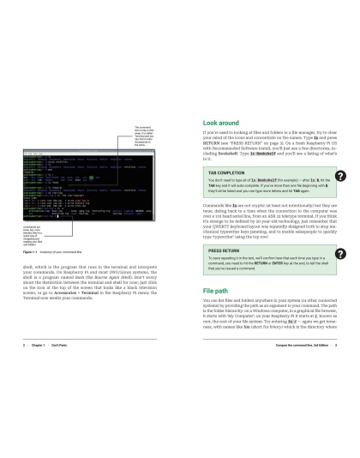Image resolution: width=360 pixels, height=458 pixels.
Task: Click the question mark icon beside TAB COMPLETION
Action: click(x=340, y=176)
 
